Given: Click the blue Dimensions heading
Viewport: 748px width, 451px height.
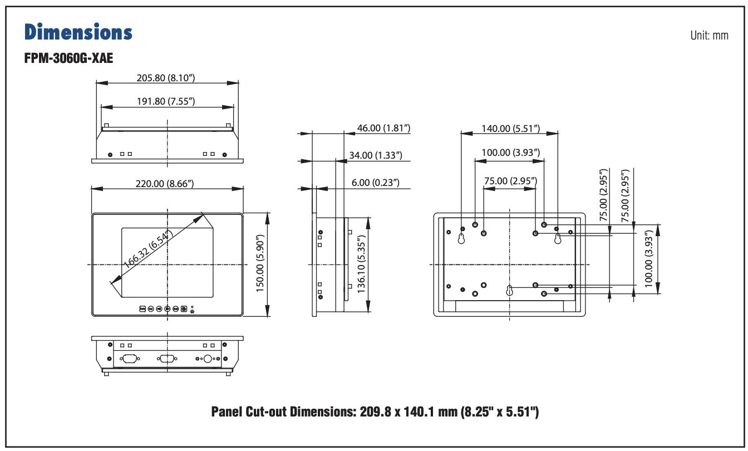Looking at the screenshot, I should [x=78, y=32].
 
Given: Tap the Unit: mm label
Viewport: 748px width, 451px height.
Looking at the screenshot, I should [x=708, y=35].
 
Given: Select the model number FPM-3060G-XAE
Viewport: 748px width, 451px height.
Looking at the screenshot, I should [x=69, y=58].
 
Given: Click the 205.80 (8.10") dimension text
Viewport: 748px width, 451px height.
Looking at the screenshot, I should [x=167, y=77].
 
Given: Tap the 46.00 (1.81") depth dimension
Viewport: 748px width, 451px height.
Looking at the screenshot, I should [x=383, y=128].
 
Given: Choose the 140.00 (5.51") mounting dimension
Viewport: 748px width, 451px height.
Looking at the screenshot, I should [x=510, y=129].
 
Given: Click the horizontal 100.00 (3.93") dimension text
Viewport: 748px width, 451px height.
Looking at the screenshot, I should [x=510, y=153].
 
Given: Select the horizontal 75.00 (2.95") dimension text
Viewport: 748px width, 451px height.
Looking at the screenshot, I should [x=510, y=181].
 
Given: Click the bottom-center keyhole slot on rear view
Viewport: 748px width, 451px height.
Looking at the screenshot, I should [x=509, y=291].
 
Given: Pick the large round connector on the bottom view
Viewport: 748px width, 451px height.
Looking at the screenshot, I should [x=208, y=359].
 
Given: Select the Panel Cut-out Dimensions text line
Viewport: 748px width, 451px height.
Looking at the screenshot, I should [x=375, y=412].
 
